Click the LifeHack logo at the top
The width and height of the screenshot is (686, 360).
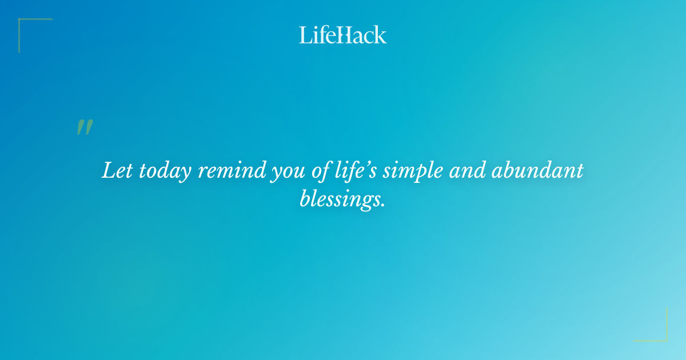pyautogui.click(x=343, y=35)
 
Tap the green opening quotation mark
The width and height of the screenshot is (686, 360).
pyautogui.click(x=84, y=127)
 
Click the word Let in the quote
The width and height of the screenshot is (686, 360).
pyautogui.click(x=117, y=171)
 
